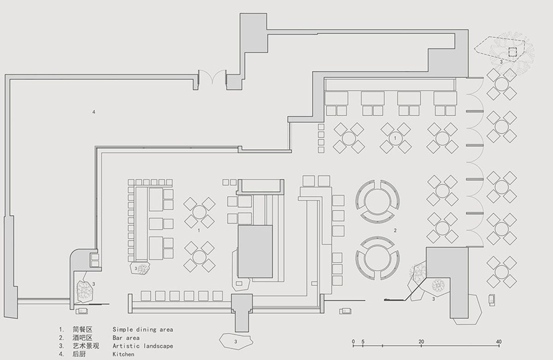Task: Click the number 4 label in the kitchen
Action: tap(94, 112)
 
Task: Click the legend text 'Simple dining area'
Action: tap(143, 330)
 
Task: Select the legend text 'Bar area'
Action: tap(126, 338)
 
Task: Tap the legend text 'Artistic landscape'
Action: tap(143, 346)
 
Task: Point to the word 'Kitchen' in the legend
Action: tap(124, 354)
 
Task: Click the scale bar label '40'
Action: tap(499, 342)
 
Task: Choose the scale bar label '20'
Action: tap(421, 342)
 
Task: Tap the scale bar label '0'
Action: tap(353, 342)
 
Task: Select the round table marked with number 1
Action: tap(395, 138)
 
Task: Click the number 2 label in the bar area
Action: tap(395, 230)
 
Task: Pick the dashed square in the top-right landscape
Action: tap(512, 52)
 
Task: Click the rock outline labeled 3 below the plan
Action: tap(236, 341)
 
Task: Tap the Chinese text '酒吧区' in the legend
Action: tap(82, 338)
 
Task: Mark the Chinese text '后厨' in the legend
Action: tap(79, 354)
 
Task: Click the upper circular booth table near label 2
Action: tap(377, 201)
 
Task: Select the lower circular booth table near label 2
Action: tap(377, 258)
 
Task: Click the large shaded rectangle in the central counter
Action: tap(255, 251)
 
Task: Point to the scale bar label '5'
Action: tap(363, 342)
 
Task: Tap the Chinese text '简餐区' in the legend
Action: tap(82, 330)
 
